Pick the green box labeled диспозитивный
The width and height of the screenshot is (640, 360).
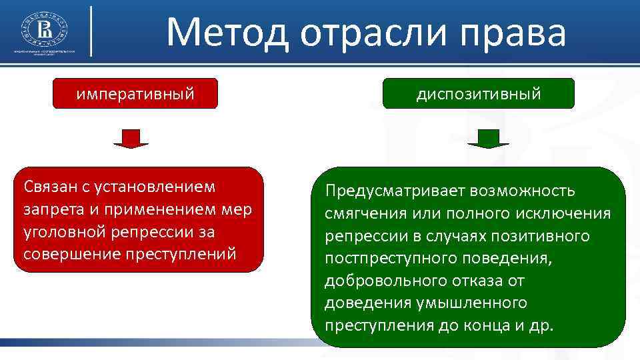478,93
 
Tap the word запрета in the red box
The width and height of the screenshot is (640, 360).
52,209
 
